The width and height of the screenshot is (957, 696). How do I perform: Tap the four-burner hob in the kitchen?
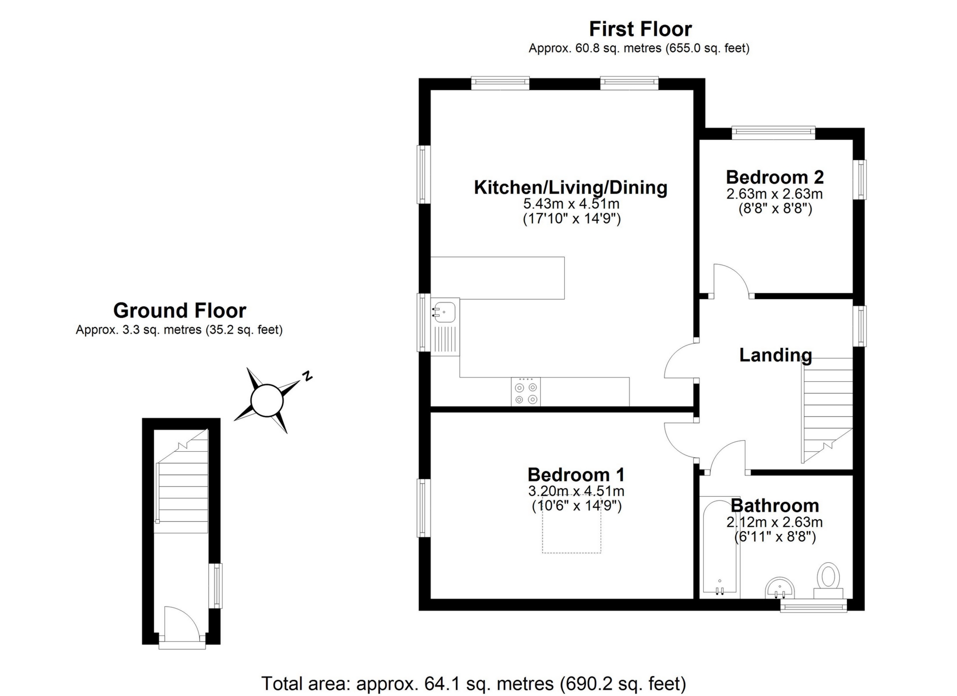(x=526, y=392)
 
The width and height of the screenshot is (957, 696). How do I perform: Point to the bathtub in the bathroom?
(x=720, y=547)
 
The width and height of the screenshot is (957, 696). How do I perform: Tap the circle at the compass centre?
(x=267, y=401)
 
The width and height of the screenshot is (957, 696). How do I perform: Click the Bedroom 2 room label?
(x=775, y=177)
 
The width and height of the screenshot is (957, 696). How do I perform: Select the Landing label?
(x=776, y=355)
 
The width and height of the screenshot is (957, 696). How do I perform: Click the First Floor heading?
(x=640, y=29)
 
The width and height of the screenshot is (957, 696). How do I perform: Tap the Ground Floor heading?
(x=180, y=310)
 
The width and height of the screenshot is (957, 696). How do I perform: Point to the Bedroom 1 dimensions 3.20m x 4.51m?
(x=576, y=491)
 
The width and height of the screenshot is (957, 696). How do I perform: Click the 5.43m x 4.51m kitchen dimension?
(x=571, y=204)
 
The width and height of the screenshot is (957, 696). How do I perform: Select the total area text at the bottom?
(x=474, y=683)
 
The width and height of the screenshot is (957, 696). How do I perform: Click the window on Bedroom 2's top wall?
(x=774, y=133)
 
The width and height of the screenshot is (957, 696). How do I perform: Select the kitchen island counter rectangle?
(x=498, y=278)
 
